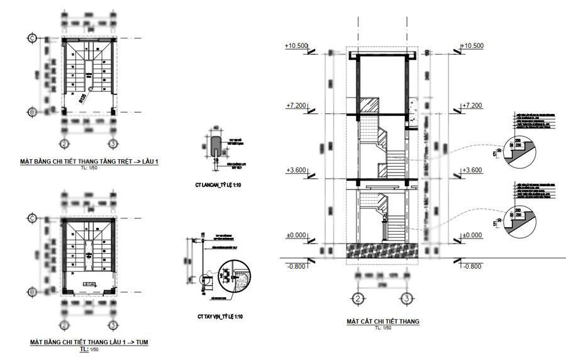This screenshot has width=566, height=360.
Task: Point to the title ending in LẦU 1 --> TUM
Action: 89,342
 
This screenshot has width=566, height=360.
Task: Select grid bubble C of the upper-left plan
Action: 32,38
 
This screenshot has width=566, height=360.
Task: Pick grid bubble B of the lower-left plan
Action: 32,291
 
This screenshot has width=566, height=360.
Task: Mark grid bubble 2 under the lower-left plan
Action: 63,325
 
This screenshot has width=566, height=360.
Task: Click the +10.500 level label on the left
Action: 296,47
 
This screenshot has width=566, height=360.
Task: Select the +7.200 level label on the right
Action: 471,106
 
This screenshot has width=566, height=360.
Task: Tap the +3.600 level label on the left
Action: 296,171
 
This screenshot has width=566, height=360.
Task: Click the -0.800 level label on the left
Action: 296,266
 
